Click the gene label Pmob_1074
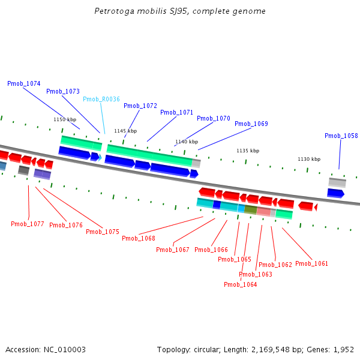click(24, 84)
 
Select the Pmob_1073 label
click(63, 92)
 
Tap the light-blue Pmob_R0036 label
click(101, 100)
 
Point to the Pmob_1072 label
click(140, 106)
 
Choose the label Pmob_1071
click(177, 113)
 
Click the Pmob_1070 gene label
click(214, 119)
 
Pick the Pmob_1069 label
click(251, 124)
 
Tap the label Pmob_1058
click(341, 136)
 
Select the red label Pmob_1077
click(28, 224)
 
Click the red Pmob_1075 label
click(103, 232)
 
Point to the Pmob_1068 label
click(139, 239)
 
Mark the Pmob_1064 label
click(241, 285)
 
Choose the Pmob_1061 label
click(312, 264)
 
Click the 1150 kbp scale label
click(65, 120)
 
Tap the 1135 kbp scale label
click(248, 151)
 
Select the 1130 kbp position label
click(309, 160)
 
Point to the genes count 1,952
click(343, 350)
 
